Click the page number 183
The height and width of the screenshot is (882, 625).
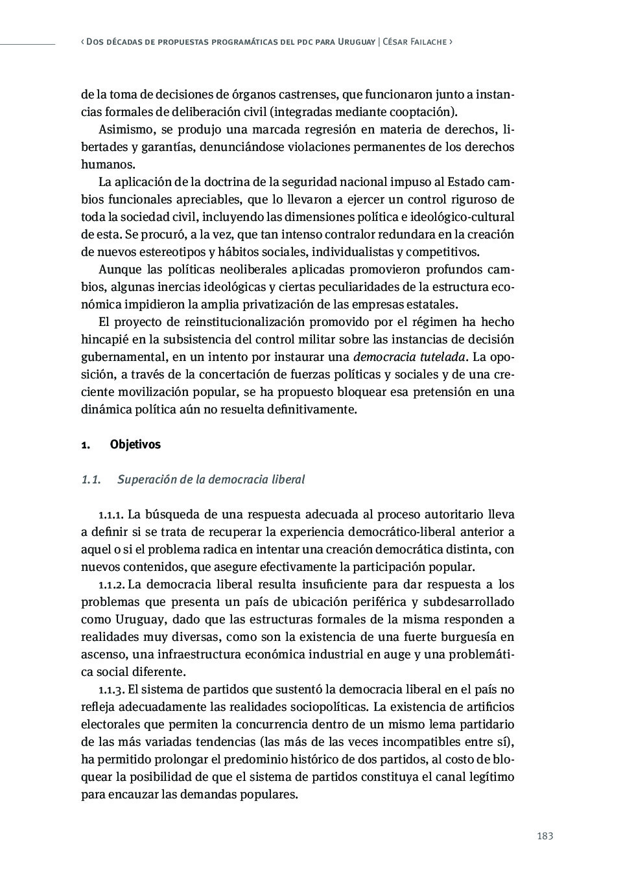click(x=545, y=836)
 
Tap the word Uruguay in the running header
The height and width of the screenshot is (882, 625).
click(x=357, y=41)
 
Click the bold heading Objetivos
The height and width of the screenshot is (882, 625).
click(x=135, y=445)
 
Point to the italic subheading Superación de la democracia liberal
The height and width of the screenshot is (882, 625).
click(x=211, y=480)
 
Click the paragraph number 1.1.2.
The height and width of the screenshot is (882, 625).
click(x=112, y=585)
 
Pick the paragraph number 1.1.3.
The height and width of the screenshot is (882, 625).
click(x=112, y=690)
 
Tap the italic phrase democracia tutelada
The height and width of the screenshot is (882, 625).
click(x=409, y=357)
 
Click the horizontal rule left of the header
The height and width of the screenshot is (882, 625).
click(x=27, y=44)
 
